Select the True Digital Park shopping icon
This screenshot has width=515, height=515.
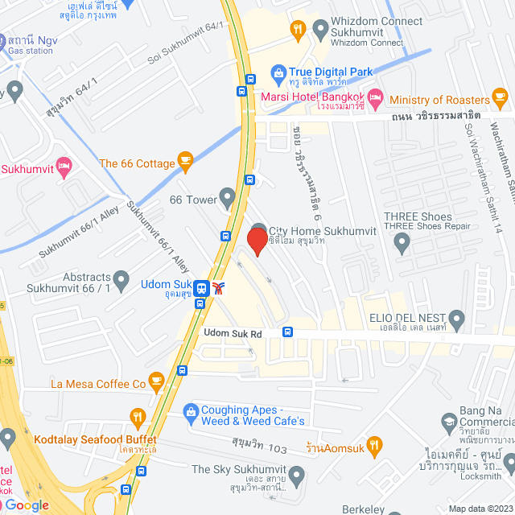click(x=278, y=72)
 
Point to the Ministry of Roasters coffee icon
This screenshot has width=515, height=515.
click(x=501, y=100)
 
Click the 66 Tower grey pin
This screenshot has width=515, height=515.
click(x=228, y=196)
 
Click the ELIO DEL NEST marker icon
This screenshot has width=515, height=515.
click(x=457, y=316)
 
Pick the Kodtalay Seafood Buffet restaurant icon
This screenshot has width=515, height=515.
click(x=137, y=418)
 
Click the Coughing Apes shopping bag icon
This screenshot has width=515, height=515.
click(x=191, y=413)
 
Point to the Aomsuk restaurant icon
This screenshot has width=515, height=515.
click(x=373, y=443)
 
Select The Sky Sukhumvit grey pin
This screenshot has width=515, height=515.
click(x=297, y=475)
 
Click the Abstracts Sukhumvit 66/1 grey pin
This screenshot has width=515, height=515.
click(x=122, y=281)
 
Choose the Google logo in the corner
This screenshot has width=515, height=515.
click(x=27, y=505)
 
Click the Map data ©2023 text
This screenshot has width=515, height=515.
click(x=480, y=509)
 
